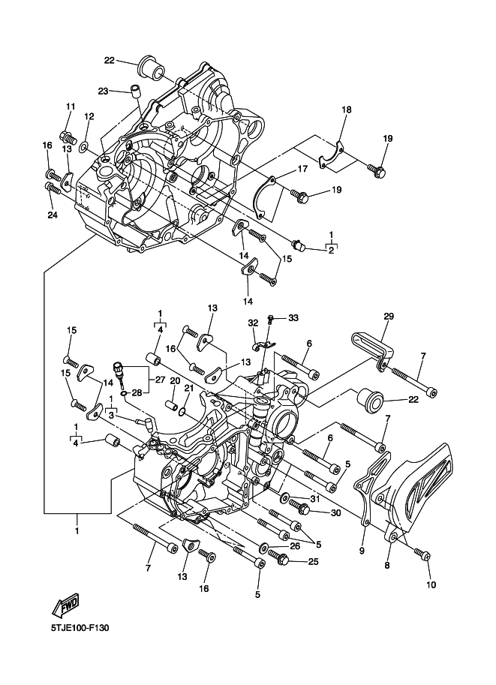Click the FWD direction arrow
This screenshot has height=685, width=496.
point(65,605)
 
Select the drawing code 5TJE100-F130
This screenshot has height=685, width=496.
point(79,628)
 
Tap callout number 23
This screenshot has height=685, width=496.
point(103,91)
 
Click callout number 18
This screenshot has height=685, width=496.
point(347,110)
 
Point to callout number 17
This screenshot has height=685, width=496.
point(303,168)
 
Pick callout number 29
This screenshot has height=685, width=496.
point(389,316)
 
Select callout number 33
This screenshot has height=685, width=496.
point(293,317)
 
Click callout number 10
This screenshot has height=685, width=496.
point(431,584)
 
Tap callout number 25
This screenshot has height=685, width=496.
point(314,561)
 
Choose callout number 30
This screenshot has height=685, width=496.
point(335,513)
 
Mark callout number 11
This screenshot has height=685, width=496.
point(71,106)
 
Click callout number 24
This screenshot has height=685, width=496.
point(89,116)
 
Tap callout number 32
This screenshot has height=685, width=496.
point(253,323)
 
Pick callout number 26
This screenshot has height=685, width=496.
point(295,546)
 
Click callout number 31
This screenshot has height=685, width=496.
point(314,499)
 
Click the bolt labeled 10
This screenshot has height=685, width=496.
point(423,555)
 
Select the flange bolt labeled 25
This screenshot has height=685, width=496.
point(277,557)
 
